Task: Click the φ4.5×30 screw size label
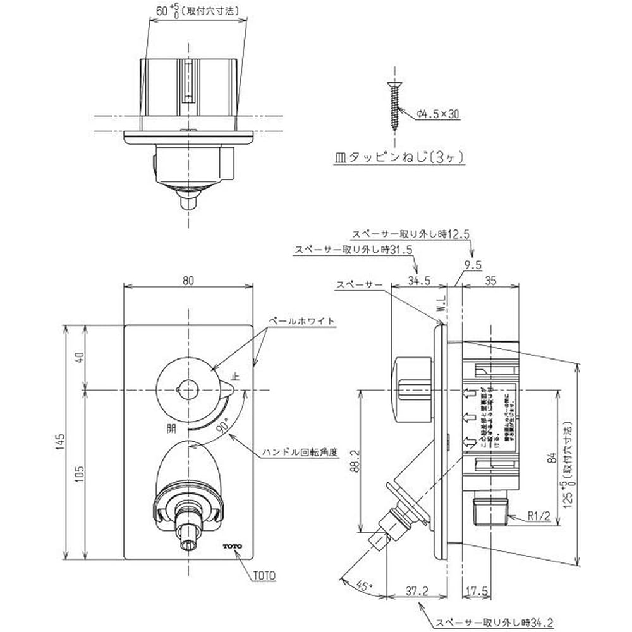tap(438, 114)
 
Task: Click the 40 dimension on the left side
tap(79, 358)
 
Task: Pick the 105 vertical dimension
tap(79, 474)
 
